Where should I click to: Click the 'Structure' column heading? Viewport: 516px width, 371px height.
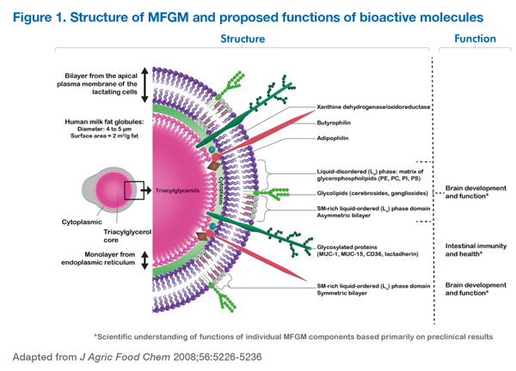pos(243,39)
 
